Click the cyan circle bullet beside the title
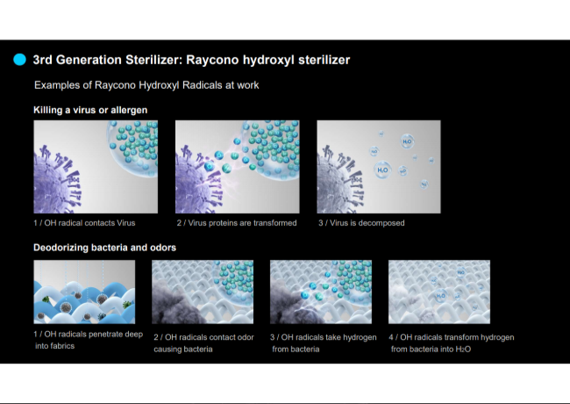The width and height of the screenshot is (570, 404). [19, 60]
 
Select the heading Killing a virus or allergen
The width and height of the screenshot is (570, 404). [90, 110]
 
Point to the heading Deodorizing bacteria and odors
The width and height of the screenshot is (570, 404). [104, 248]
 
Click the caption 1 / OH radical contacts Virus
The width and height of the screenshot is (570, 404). [84, 223]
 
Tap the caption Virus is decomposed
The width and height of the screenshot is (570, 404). [367, 223]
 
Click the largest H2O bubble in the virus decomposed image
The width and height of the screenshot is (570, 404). [382, 170]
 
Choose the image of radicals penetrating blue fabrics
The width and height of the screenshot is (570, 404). [84, 292]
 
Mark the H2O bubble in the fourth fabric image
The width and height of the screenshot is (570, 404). [440, 295]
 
